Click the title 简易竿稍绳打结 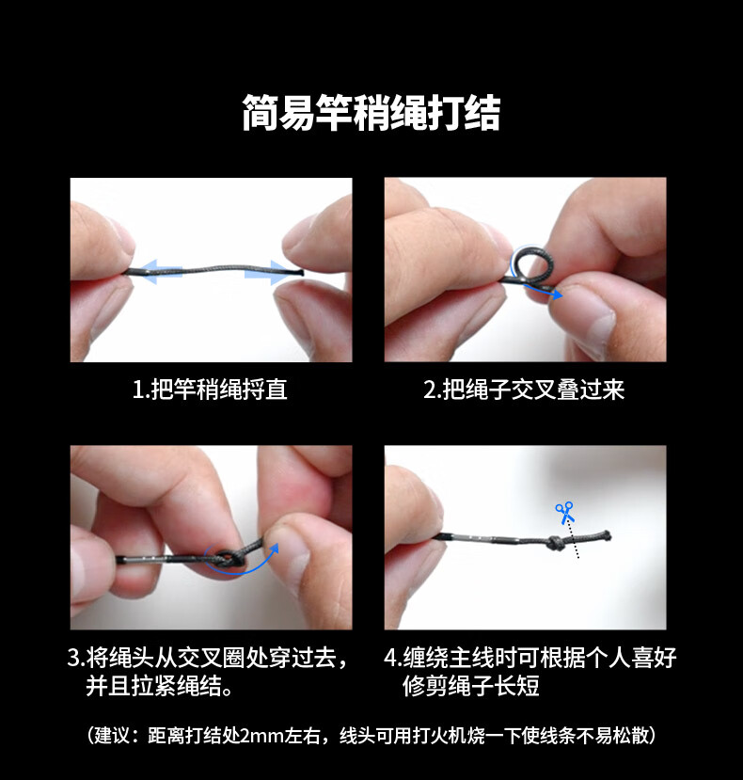[371, 113]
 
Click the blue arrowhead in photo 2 [558, 294]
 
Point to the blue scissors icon [565, 513]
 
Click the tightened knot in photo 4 [556, 543]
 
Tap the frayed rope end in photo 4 [606, 535]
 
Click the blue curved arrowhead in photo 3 [273, 549]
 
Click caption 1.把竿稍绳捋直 [210, 389]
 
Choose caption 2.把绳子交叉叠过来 [524, 389]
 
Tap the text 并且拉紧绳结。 [159, 686]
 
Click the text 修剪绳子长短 [471, 686]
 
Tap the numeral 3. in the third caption [76, 658]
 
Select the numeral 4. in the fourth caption [393, 658]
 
